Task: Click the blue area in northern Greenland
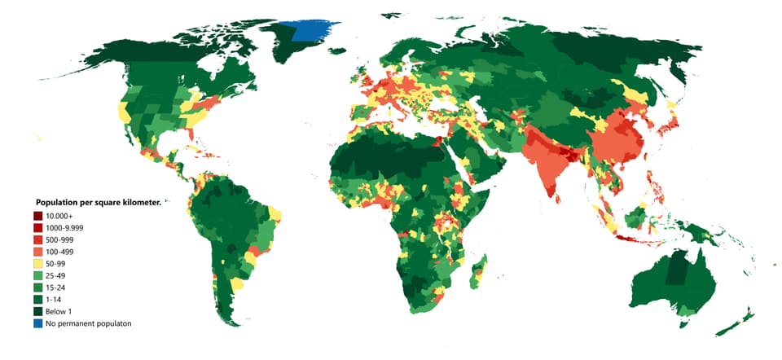314,29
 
